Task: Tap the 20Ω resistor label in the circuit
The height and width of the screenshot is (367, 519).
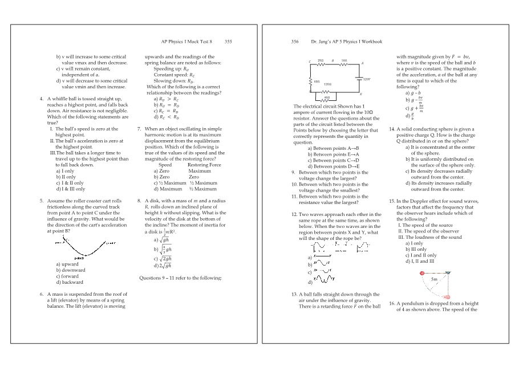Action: click(x=320, y=60)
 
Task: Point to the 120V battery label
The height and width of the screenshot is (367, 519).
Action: click(x=367, y=79)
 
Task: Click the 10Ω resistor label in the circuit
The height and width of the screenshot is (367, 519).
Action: click(x=344, y=60)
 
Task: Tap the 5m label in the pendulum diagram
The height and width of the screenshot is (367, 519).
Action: click(x=435, y=280)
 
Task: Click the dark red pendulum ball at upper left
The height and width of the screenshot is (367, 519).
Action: click(x=423, y=273)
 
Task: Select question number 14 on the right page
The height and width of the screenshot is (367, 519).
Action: click(x=392, y=129)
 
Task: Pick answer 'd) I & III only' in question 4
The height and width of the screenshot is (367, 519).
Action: click(x=70, y=189)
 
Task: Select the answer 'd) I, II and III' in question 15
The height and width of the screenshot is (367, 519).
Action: click(x=419, y=261)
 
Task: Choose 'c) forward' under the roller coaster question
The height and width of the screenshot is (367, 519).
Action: click(x=67, y=276)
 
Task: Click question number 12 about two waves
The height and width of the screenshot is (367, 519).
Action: click(x=287, y=214)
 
